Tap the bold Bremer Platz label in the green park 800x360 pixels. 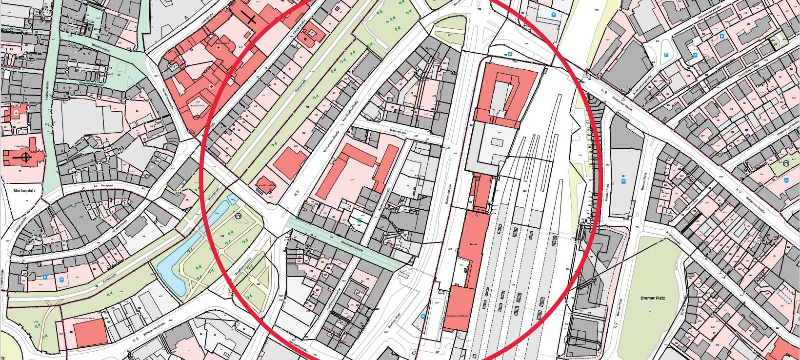click(x=653, y=298)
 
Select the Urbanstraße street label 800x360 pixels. click(x=399, y=132)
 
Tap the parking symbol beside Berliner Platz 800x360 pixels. click(x=422, y=316)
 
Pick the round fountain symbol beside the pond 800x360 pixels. click(x=238, y=216)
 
